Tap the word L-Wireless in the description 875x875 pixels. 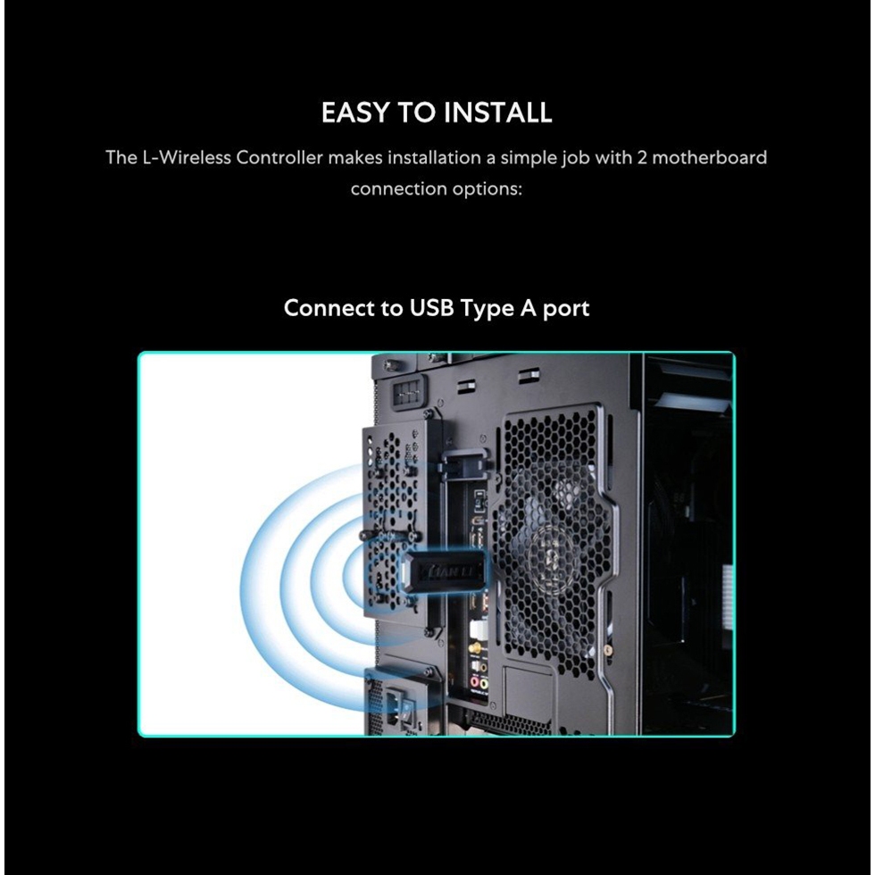click(187, 157)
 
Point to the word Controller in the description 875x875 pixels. click(279, 157)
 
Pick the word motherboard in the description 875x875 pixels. click(709, 157)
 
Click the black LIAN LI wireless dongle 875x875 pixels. click(445, 572)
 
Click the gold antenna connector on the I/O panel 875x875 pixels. click(476, 649)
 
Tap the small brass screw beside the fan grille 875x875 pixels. click(608, 651)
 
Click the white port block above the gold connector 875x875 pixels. click(479, 630)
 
